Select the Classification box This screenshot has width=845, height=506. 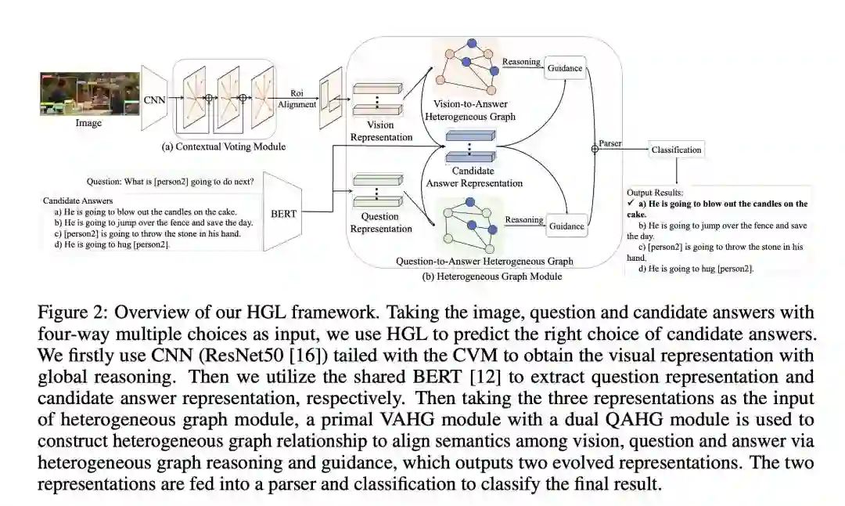pyautogui.click(x=676, y=150)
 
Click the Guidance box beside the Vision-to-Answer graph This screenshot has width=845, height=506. pyautogui.click(x=565, y=68)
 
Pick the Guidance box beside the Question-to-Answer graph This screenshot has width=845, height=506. pyautogui.click(x=566, y=226)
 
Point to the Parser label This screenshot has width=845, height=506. pyautogui.click(x=610, y=143)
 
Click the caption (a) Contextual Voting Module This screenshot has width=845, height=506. pyautogui.click(x=223, y=146)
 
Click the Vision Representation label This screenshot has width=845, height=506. pyautogui.click(x=380, y=131)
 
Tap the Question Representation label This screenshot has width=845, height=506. pyautogui.click(x=380, y=222)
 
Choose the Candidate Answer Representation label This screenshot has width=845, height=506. pyautogui.click(x=474, y=177)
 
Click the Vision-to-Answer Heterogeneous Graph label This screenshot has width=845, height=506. pyautogui.click(x=469, y=110)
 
